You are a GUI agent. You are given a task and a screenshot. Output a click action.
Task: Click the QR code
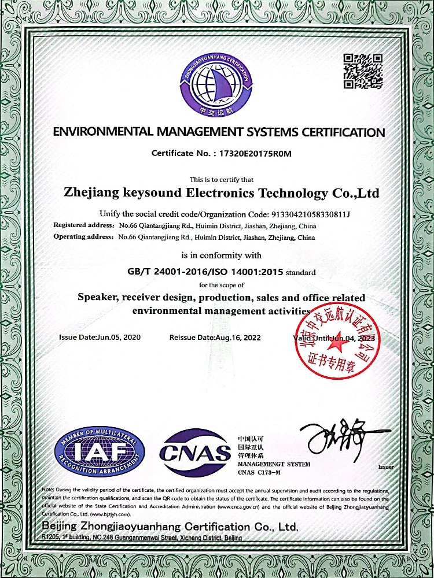(x=363, y=71)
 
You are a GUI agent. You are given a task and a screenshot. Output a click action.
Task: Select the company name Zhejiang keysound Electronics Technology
(x=223, y=192)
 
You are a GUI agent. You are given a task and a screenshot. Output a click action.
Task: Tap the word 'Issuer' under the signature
(x=385, y=466)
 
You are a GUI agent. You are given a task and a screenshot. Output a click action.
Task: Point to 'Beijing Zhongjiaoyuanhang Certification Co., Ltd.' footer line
(x=170, y=527)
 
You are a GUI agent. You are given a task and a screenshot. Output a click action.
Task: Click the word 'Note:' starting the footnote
(x=50, y=490)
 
